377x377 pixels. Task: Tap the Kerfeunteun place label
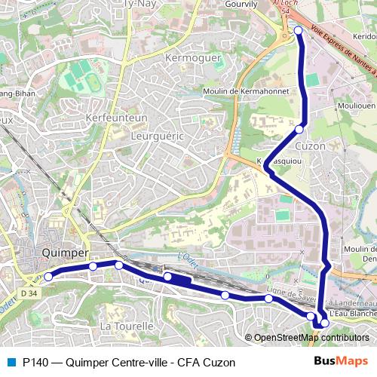(117, 118)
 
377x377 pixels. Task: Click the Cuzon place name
(311, 146)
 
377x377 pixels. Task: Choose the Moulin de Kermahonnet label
(247, 91)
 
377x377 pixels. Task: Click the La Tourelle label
(127, 326)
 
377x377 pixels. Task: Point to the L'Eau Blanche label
(353, 313)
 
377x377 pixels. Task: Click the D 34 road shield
(29, 293)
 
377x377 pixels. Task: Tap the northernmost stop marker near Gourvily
(298, 31)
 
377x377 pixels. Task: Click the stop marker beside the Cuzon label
(299, 130)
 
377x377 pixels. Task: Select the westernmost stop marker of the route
(48, 277)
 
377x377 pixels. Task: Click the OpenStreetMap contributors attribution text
(311, 338)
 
